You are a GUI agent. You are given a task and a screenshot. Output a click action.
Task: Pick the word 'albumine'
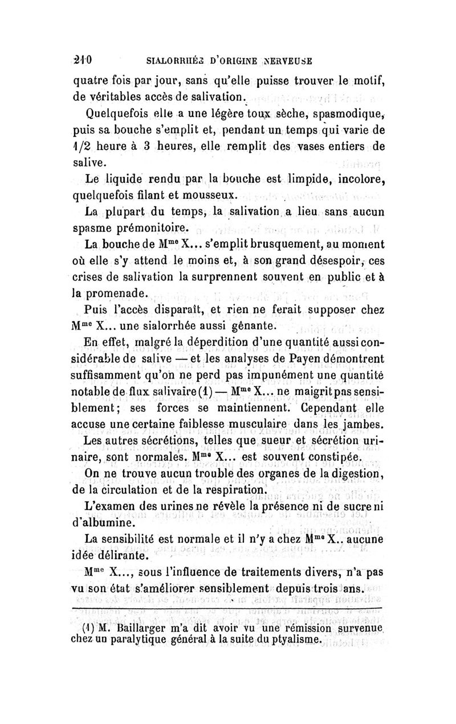pos(111,522)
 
